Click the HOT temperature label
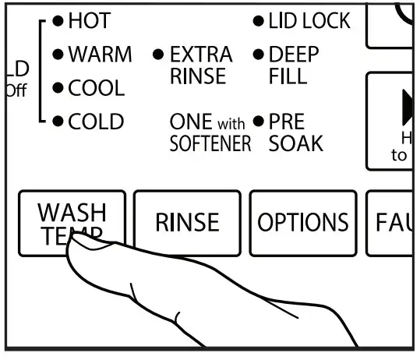89,22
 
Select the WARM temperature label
100,55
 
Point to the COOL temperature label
96,89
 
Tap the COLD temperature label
96,122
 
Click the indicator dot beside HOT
58,22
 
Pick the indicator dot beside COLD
58,122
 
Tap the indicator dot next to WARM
58,55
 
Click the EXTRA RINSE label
200,65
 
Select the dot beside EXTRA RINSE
158,55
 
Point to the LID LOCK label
309,22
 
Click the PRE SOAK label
296,133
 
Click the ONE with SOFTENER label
210,133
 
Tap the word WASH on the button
72,212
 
